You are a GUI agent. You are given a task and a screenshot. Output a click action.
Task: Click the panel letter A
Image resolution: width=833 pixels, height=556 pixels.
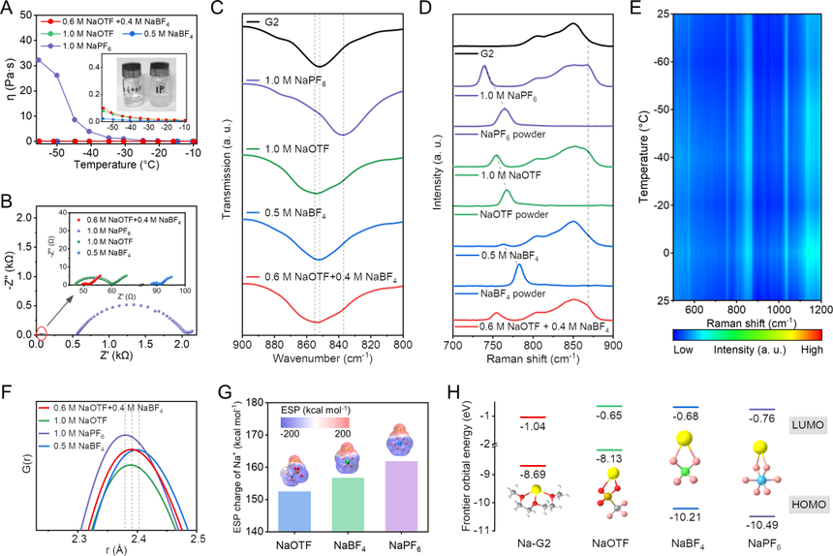coord(9,9)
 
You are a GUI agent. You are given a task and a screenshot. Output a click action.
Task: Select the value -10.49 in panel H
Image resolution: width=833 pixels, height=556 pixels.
coord(762,530)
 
